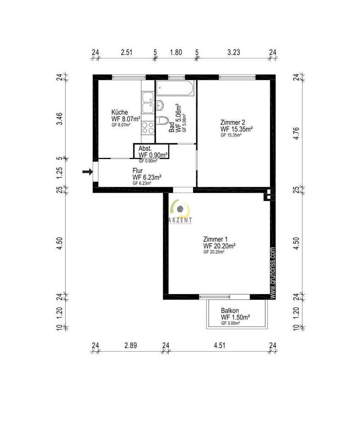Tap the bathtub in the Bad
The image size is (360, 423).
175,89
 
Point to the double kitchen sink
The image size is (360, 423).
148,103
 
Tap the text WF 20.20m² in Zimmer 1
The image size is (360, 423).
219,245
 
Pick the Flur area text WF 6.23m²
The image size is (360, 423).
148,177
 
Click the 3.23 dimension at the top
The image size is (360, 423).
234,52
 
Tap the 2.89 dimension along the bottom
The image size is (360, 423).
131,346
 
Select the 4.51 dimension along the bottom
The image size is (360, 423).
219,346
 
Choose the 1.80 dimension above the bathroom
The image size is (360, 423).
176,52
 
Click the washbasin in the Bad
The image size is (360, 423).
160,104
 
